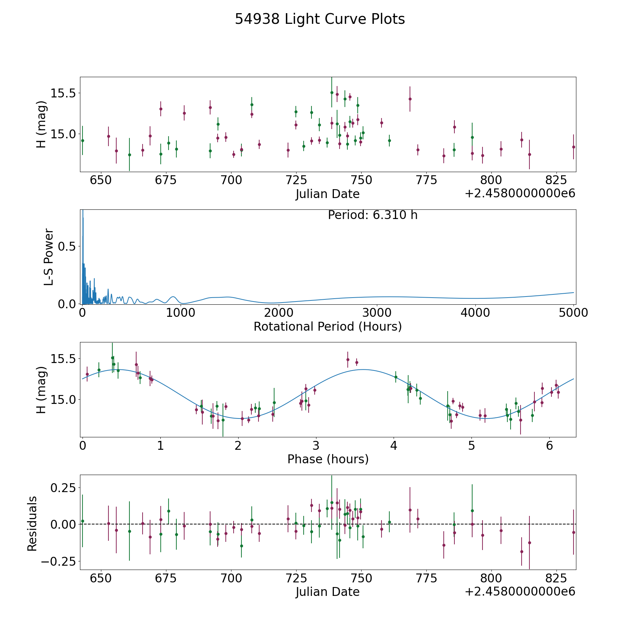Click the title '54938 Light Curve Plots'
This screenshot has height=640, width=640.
click(x=320, y=19)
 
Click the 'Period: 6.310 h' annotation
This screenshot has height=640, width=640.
click(x=373, y=215)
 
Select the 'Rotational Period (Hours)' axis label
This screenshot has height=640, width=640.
click(x=327, y=326)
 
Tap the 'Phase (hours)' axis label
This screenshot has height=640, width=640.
click(x=328, y=459)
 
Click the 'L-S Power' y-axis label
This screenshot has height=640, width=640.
click(x=49, y=257)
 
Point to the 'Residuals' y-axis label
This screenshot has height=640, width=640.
click(x=32, y=523)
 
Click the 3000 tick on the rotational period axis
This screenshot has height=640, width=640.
click(x=377, y=313)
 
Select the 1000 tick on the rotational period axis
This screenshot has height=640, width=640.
click(x=181, y=313)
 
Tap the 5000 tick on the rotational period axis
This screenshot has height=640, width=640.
click(x=573, y=313)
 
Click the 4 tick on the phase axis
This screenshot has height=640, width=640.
click(x=394, y=446)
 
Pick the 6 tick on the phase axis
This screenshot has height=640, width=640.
click(x=549, y=446)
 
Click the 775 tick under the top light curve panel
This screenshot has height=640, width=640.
click(x=426, y=180)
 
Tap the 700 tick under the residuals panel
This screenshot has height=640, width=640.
click(x=231, y=578)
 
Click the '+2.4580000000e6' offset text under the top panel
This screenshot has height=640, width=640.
click(x=520, y=193)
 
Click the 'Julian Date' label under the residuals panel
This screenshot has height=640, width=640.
click(x=327, y=592)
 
